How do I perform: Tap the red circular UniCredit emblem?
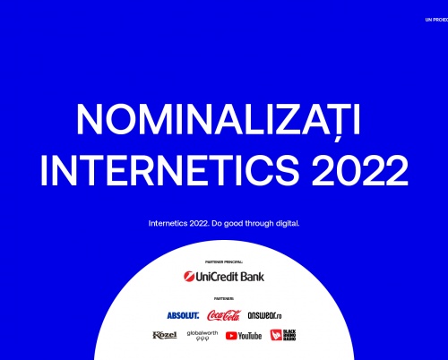189,276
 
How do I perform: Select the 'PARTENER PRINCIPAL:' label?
224,262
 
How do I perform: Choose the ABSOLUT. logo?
182,315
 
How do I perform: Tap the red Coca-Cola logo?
224,314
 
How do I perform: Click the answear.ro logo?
265,315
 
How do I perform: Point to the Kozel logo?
165,335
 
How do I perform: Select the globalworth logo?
202,336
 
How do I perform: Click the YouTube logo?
244,336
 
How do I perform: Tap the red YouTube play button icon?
231,336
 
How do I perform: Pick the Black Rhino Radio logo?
282,335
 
